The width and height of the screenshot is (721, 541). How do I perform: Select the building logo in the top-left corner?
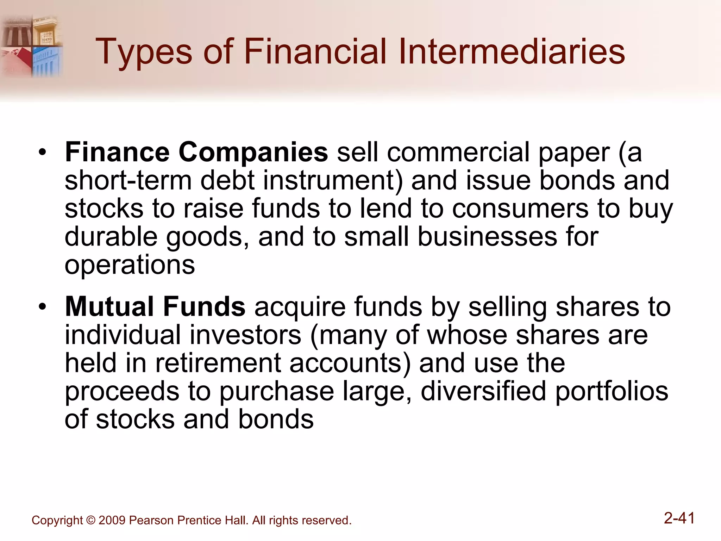(32, 46)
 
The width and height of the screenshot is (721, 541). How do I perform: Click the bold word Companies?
(253, 153)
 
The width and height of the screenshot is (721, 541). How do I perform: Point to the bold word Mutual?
(109, 306)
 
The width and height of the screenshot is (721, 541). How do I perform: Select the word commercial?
(458, 153)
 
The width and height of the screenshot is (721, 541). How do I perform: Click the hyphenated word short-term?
(128, 180)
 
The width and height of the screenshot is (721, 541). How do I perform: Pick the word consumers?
(520, 209)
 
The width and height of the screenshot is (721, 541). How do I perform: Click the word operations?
(130, 265)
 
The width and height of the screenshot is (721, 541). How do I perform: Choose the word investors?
(245, 335)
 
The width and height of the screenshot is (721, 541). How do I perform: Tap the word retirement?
(218, 363)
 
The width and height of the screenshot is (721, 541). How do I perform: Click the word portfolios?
(612, 391)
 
